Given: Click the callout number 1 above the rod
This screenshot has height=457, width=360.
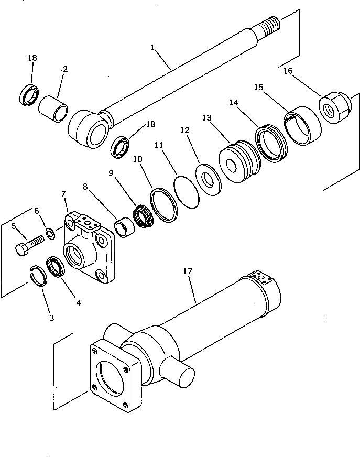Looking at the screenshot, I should point(152,48).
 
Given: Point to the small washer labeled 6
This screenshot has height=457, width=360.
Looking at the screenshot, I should point(49,234).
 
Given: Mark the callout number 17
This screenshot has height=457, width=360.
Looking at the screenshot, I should point(187,271).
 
